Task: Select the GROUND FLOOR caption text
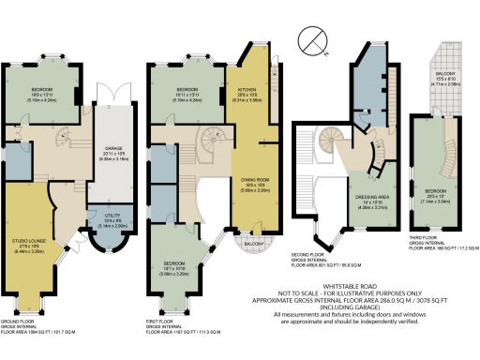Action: pos(23,321)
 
